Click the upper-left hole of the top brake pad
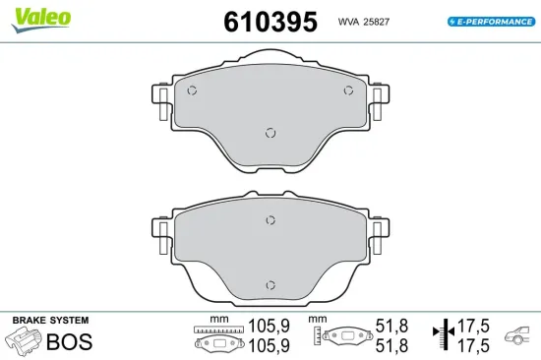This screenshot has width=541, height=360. coord(193,91)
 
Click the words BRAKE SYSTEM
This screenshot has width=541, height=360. coord(50,321)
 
